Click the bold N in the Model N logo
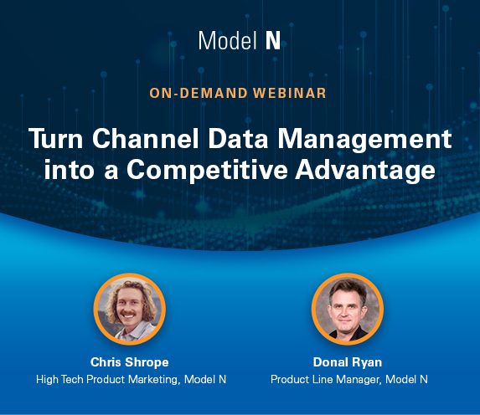pyautogui.click(x=273, y=41)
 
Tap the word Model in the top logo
pyautogui.click(x=228, y=41)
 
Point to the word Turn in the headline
pyautogui.click(x=56, y=139)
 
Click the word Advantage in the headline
pyautogui.click(x=365, y=171)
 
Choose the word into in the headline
pyautogui.click(x=69, y=170)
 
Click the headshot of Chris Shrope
pyautogui.click(x=130, y=310)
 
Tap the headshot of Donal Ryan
pyautogui.click(x=347, y=310)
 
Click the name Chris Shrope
pyautogui.click(x=130, y=362)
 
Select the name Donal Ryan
pyautogui.click(x=348, y=362)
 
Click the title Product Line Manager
pyautogui.click(x=326, y=380)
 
